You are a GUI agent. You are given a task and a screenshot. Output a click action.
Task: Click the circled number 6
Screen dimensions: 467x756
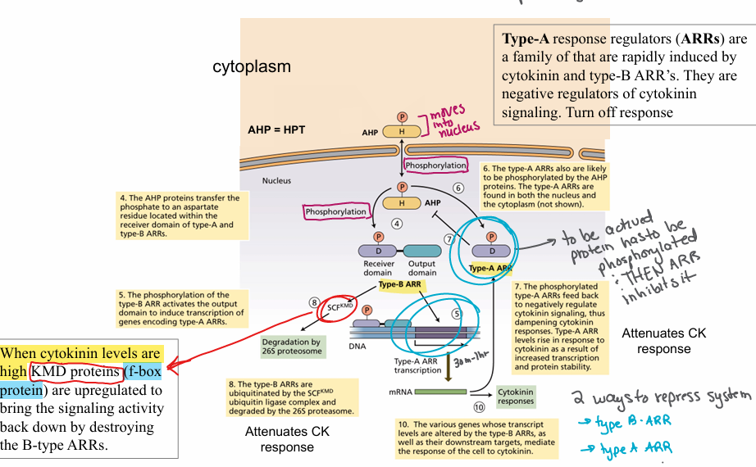(458, 188)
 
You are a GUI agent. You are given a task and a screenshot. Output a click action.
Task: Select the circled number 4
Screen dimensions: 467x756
(396, 222)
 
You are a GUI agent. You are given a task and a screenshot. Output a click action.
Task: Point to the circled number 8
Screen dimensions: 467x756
(313, 302)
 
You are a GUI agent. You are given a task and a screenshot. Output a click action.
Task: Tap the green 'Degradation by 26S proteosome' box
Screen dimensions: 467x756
(293, 347)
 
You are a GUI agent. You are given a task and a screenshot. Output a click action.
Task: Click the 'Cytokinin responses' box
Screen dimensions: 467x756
(515, 396)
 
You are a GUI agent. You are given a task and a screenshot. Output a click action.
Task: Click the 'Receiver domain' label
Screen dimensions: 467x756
(379, 268)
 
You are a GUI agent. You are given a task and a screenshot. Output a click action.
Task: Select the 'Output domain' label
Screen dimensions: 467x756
(422, 268)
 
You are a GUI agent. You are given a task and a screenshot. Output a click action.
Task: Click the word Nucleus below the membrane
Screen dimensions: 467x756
(276, 180)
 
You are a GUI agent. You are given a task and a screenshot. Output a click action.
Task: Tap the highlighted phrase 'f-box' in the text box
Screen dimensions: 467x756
(144, 372)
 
